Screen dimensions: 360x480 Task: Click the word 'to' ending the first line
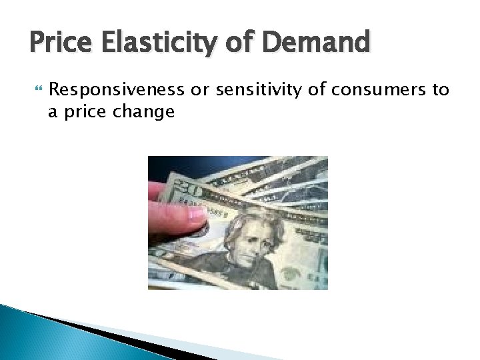pyautogui.click(x=441, y=90)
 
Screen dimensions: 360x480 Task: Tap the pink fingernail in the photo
pyautogui.click(x=198, y=214)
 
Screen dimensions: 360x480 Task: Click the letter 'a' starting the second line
pyautogui.click(x=53, y=111)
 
